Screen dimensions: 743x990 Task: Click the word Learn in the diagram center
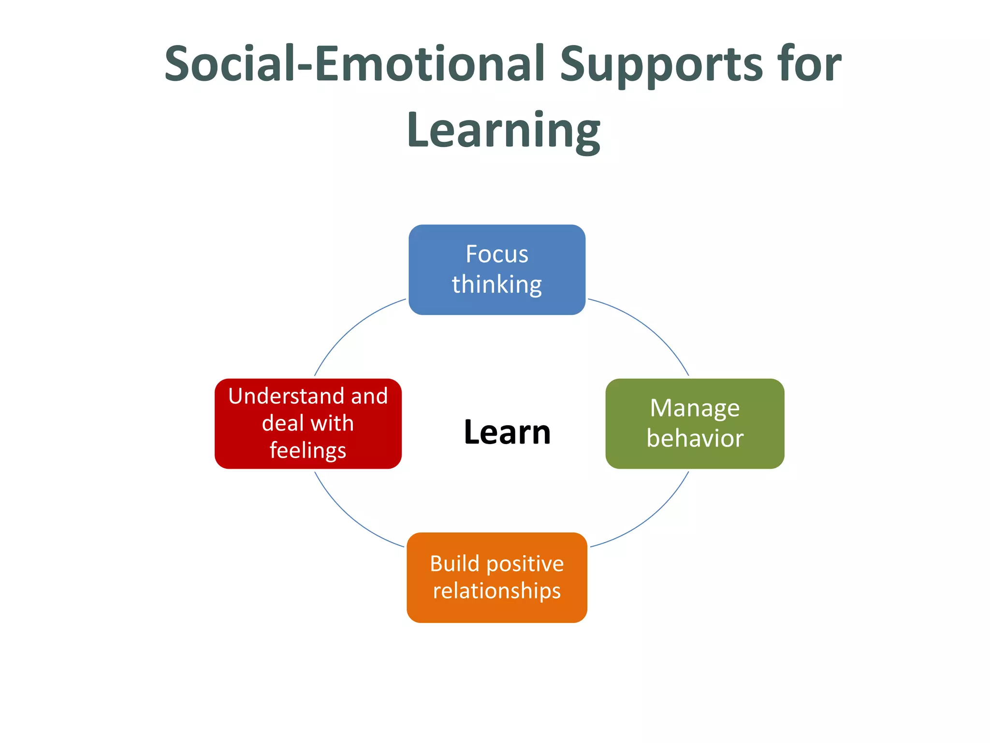point(507,432)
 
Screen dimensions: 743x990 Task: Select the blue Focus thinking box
point(497,269)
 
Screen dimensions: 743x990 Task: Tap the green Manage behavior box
point(695,423)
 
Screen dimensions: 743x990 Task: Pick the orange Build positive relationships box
point(497,577)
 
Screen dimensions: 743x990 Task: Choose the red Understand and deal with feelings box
point(308,423)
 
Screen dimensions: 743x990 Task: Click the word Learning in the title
point(504,131)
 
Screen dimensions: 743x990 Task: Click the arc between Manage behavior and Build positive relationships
point(650,518)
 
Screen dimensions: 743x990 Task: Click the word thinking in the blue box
point(497,284)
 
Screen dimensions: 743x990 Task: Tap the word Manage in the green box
point(695,408)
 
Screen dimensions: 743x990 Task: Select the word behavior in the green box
point(695,438)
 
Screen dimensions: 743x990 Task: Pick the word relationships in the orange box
point(497,591)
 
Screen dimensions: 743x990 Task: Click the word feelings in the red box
point(308,451)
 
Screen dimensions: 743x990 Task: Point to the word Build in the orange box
point(454,564)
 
